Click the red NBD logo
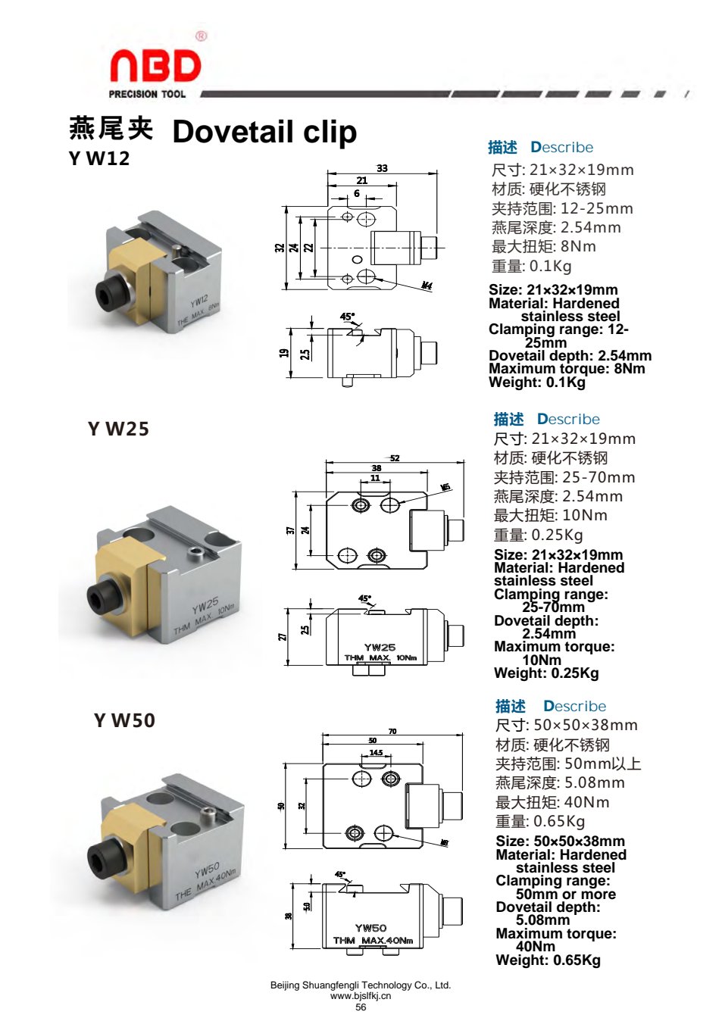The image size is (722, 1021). pos(156,66)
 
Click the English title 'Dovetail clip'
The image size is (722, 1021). pos(264,132)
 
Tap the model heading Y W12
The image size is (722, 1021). pos(99,158)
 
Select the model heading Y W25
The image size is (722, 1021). pos(118,429)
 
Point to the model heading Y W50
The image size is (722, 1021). pos(124,720)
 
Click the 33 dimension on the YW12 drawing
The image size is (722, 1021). pos(382,168)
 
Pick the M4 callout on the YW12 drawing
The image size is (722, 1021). pos(427,286)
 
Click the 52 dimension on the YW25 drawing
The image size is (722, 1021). pos(395,458)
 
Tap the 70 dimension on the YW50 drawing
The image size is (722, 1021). pos(392,731)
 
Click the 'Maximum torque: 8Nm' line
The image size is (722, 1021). pos(567,368)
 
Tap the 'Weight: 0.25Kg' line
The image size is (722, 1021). pos(546,673)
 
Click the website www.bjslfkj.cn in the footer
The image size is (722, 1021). pos(361,996)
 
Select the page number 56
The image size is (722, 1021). pos(361,1007)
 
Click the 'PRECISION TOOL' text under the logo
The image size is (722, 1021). pos(147,95)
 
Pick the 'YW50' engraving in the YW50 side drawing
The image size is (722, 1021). pos(370,928)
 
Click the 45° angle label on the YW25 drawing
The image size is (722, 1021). pos(364,598)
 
